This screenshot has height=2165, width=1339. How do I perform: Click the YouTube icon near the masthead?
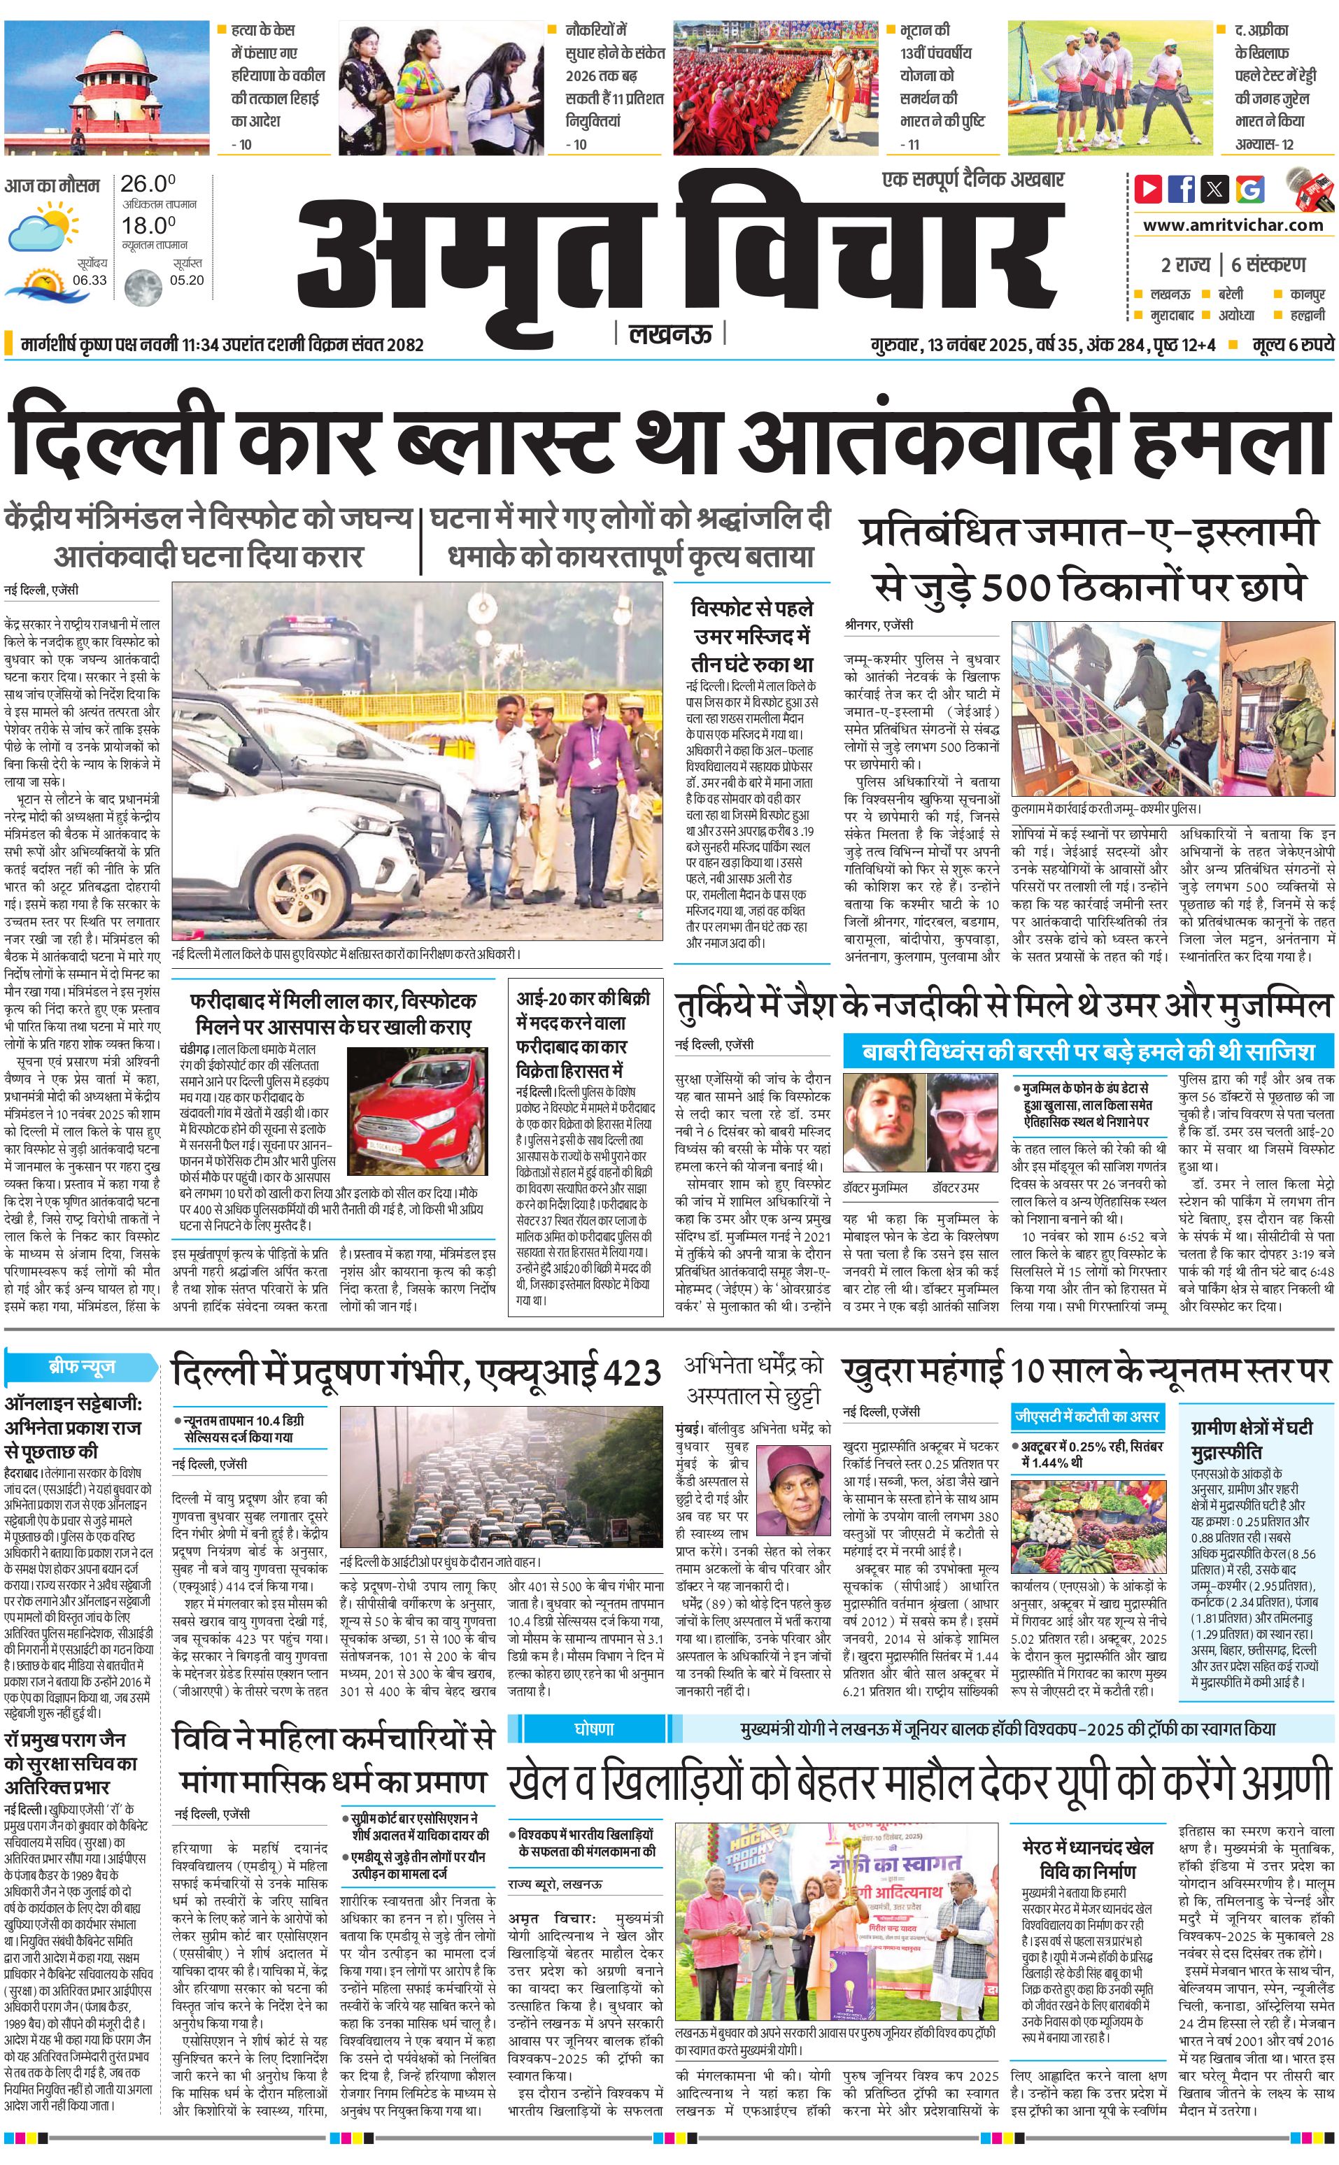(1148, 189)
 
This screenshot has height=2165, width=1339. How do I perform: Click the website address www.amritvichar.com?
(1233, 225)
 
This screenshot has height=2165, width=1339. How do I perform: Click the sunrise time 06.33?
(90, 280)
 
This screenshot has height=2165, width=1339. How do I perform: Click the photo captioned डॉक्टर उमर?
(963, 1122)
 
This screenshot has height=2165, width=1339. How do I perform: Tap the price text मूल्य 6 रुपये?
(1292, 344)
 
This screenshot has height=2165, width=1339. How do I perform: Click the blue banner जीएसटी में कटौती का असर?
(1086, 1416)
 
